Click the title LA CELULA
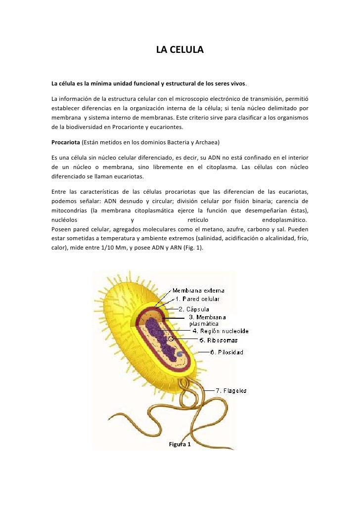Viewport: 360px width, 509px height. [x=180, y=50]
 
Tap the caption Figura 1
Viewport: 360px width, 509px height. [x=180, y=445]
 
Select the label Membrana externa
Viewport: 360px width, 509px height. [x=198, y=291]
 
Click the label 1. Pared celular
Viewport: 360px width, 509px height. [x=197, y=299]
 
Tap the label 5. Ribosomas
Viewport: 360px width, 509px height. [x=218, y=340]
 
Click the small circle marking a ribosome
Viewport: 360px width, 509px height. [x=171, y=339]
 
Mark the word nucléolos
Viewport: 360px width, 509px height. [x=67, y=220]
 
